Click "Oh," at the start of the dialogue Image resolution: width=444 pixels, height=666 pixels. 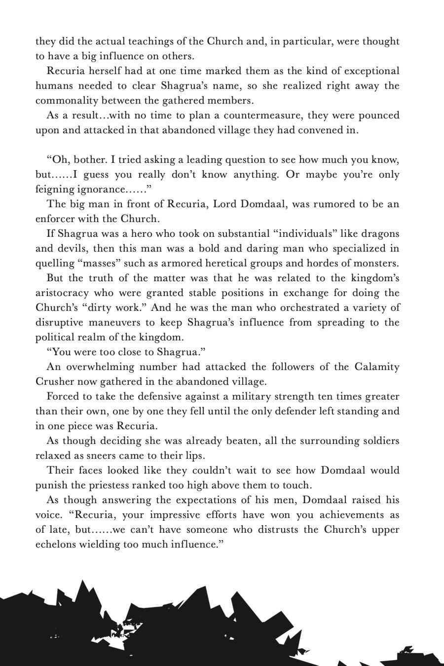click(x=58, y=160)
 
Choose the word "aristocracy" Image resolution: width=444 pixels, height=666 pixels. click(x=62, y=293)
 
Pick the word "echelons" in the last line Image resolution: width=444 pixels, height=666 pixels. click(x=54, y=545)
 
